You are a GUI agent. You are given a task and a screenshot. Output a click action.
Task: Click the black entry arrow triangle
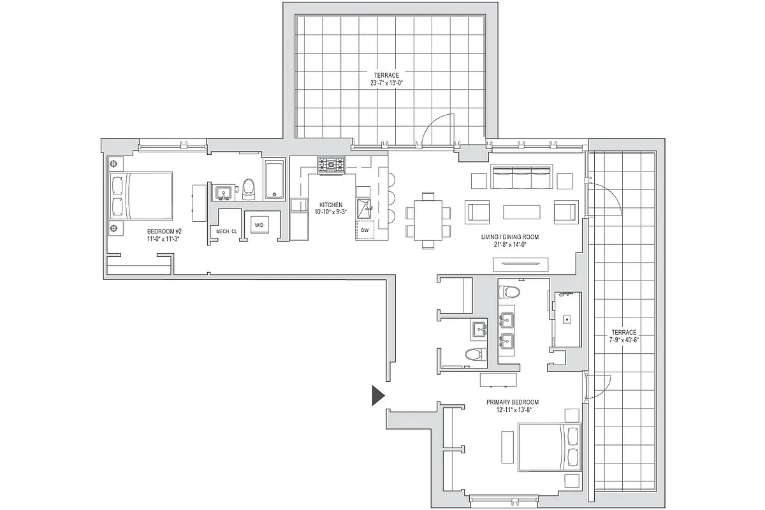pyautogui.click(x=378, y=396)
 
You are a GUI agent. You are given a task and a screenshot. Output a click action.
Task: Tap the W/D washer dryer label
pyautogui.click(x=259, y=226)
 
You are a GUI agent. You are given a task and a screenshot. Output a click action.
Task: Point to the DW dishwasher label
pyautogui.click(x=365, y=230)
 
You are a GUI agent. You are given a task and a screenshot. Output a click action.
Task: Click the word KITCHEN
pyautogui.click(x=331, y=205)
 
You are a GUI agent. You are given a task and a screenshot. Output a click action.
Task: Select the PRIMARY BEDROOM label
pyautogui.click(x=512, y=402)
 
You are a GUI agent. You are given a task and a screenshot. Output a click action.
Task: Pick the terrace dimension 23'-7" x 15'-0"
pyautogui.click(x=387, y=82)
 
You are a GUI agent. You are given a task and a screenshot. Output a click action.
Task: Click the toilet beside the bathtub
pyautogui.click(x=248, y=187)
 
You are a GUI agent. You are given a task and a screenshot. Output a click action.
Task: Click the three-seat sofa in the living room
pyautogui.click(x=522, y=178)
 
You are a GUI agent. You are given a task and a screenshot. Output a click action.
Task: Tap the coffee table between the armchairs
pyautogui.click(x=521, y=212)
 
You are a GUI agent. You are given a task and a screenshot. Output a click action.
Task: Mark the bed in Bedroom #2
pyautogui.click(x=142, y=195)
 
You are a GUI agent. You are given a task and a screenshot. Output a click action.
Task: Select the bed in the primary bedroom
pyautogui.click(x=549, y=448)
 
